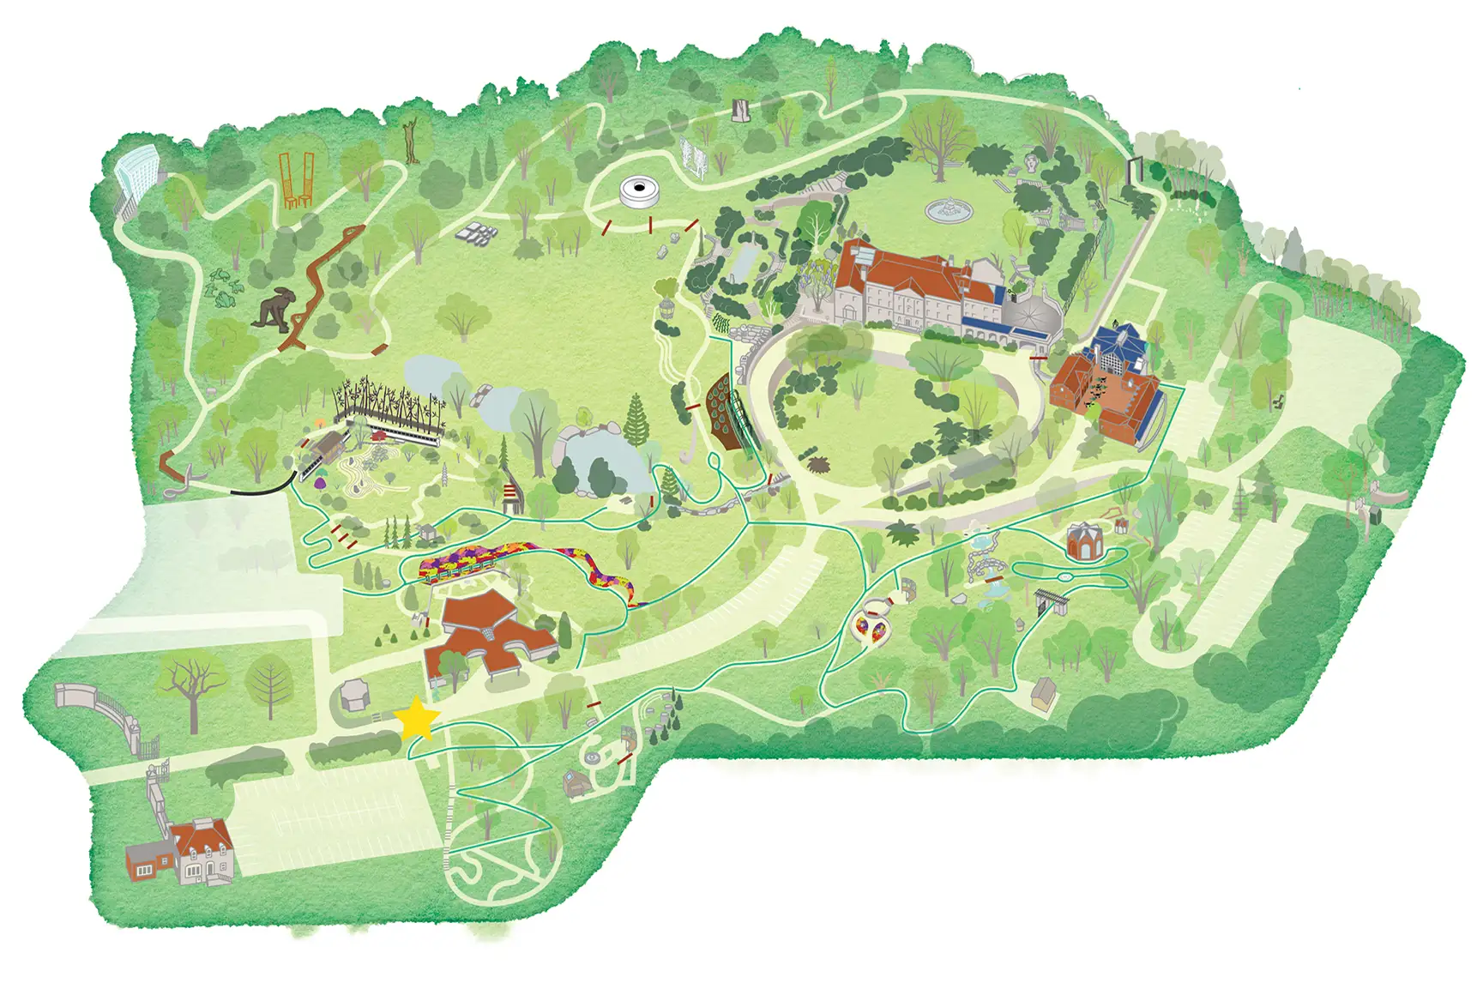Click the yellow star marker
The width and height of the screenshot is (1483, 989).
[419, 718]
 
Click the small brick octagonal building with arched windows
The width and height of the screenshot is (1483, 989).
[1083, 541]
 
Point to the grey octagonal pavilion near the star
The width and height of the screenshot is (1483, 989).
[353, 696]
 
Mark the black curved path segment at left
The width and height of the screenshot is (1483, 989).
[259, 488]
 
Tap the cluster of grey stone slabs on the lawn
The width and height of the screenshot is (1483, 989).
[477, 233]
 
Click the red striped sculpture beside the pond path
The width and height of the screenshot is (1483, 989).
[514, 498]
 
